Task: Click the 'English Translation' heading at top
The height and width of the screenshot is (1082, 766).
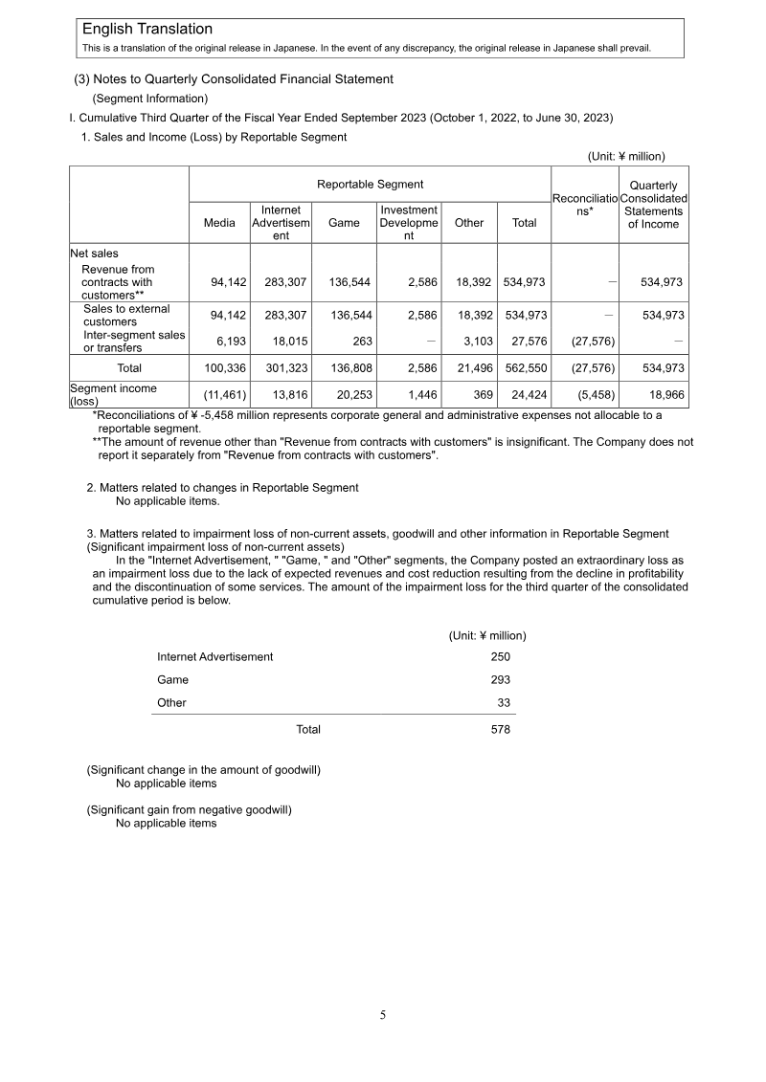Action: tap(147, 30)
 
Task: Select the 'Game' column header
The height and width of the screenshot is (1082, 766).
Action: tap(344, 223)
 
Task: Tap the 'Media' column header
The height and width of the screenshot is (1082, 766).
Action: tap(219, 223)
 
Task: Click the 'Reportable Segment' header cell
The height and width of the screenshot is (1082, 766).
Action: tap(370, 184)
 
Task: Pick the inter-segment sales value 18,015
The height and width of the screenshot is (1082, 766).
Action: tap(284, 342)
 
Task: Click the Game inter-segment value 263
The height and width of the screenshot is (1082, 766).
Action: tap(362, 342)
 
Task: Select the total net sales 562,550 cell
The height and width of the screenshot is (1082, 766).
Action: tap(526, 368)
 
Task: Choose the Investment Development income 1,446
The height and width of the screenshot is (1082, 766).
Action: tap(418, 394)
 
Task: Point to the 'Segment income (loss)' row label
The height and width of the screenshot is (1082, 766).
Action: tap(113, 394)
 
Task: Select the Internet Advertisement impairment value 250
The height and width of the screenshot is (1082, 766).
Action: tap(500, 656)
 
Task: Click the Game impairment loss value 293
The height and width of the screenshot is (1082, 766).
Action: tap(500, 679)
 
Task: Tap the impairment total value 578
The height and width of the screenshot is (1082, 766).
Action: tap(500, 729)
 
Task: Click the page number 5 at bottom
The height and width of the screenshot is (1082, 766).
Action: tap(383, 1015)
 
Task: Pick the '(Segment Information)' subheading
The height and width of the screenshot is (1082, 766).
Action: tap(149, 99)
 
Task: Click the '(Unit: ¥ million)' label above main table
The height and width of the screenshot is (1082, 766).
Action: tap(625, 156)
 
